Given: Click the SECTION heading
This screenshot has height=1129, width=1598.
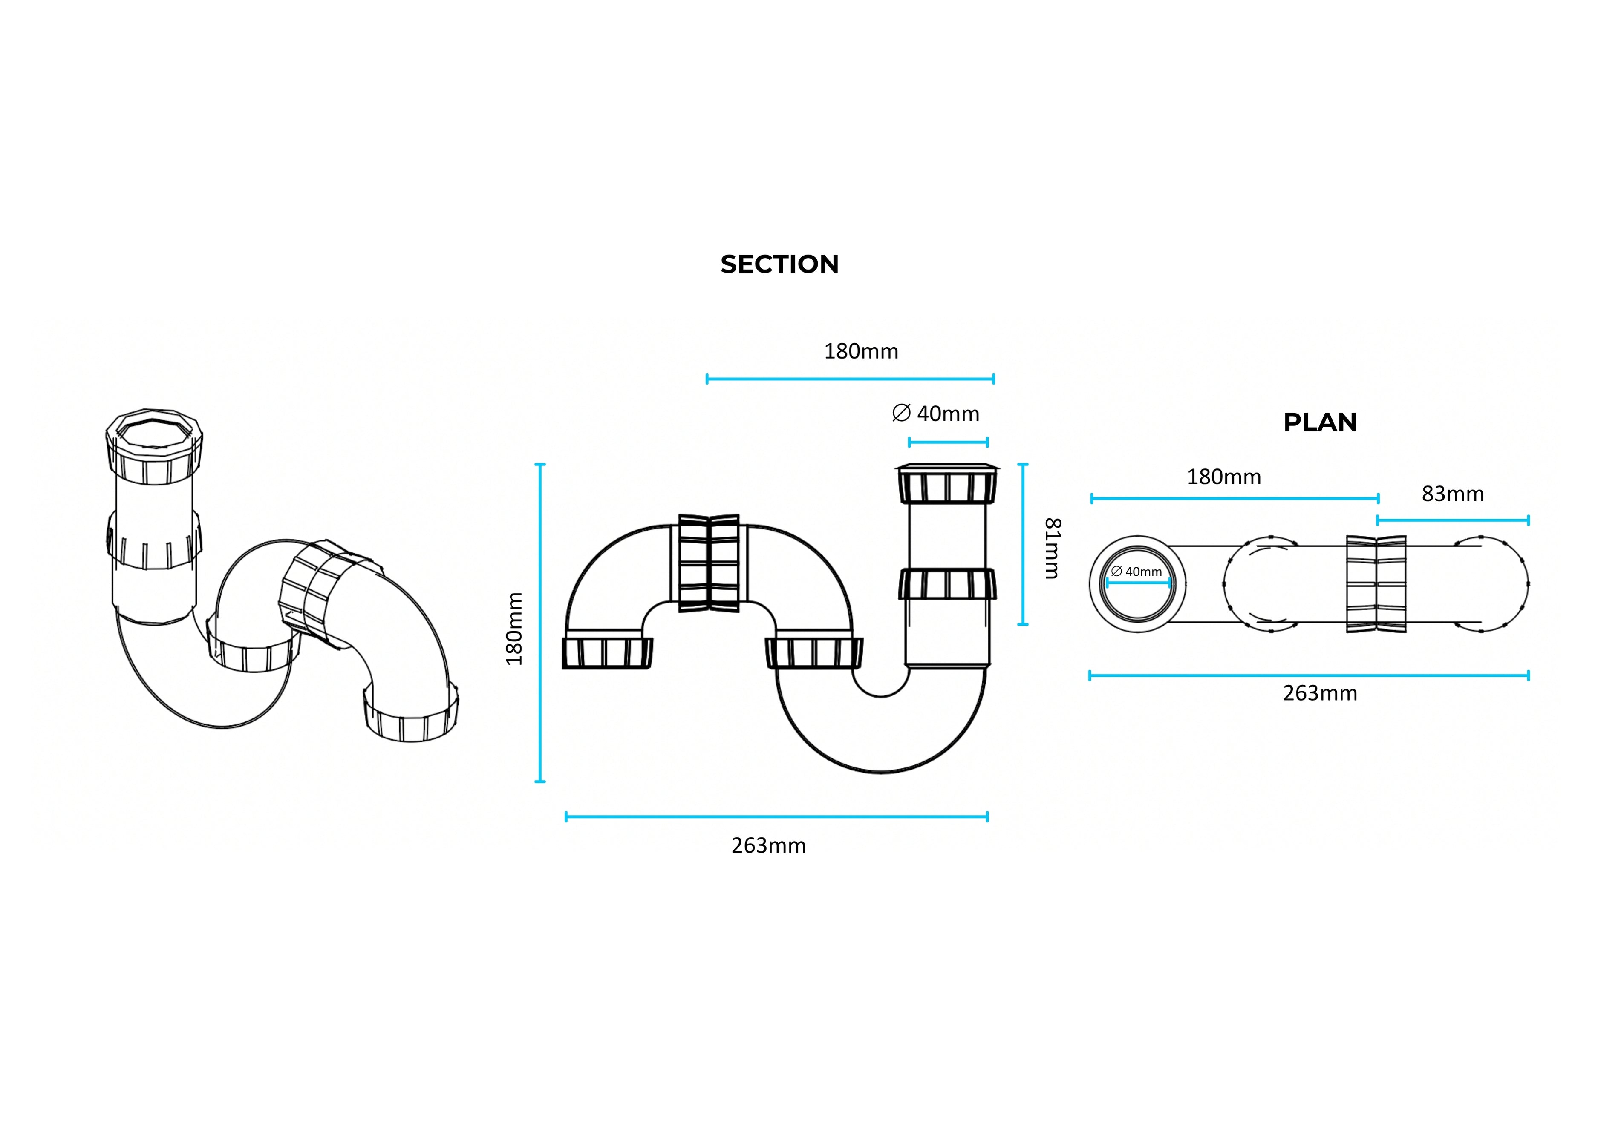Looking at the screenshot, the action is tap(779, 264).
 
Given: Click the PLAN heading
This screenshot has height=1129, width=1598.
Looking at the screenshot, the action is tap(1320, 422).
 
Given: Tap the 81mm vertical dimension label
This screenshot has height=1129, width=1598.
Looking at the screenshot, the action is tap(1053, 548).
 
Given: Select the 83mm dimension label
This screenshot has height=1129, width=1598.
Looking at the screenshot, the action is tap(1453, 494).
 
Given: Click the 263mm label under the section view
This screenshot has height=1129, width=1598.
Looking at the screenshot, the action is tap(768, 845).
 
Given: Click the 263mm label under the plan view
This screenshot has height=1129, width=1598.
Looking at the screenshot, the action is tap(1320, 693).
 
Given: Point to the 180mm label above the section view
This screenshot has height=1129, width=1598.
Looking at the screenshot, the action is tap(861, 351).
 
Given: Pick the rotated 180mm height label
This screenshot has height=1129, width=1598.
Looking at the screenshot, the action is tap(514, 629).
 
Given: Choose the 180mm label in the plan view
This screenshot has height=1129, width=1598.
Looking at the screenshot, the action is tap(1223, 477).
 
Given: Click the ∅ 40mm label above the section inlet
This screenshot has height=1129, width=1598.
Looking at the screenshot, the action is tap(935, 414).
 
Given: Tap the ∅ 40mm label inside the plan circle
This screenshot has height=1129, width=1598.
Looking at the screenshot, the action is tap(1136, 572).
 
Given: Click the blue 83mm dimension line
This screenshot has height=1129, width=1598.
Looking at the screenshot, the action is tap(1453, 520).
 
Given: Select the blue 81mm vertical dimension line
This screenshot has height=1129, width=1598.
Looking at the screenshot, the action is tap(1022, 544).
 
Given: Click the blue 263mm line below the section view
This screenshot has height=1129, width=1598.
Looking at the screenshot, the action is tap(777, 817).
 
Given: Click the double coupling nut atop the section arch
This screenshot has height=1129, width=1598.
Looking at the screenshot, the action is tap(709, 563).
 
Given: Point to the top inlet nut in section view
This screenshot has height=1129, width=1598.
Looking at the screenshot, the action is tap(947, 483).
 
